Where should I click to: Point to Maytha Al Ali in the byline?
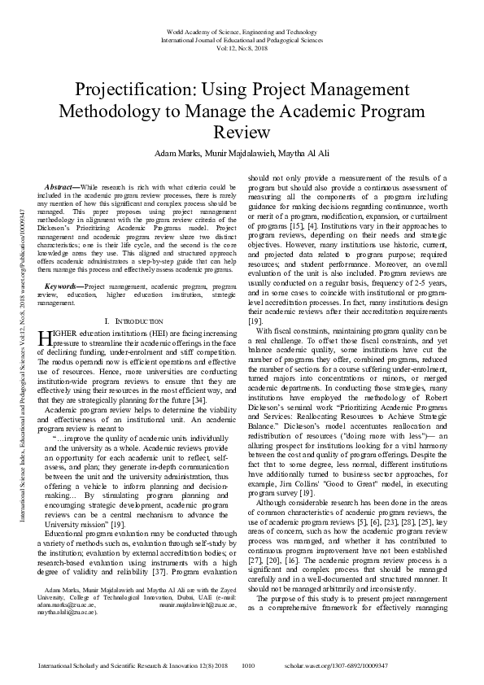coord(290,154)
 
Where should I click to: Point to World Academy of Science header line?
coord(242,29)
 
